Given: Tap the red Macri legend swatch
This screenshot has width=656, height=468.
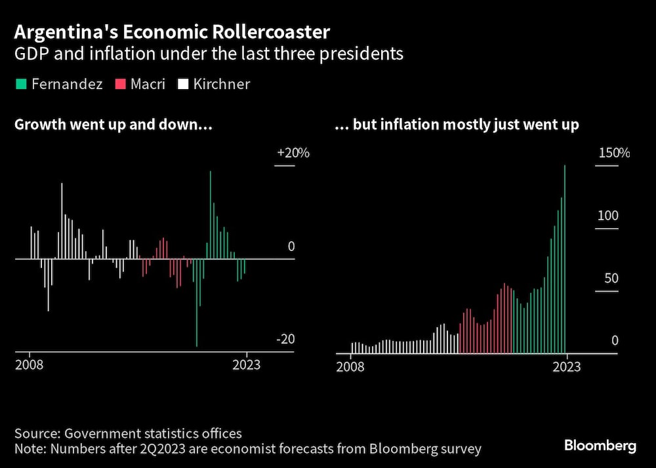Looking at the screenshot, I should pos(120,85).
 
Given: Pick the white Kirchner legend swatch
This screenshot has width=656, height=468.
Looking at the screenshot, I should pos(182,85).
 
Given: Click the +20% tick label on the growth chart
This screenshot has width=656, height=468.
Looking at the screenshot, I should pos(293,153).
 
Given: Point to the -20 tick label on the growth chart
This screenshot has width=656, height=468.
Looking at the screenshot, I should pos(285,340).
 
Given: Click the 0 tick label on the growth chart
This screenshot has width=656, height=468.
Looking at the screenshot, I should pos(291,246).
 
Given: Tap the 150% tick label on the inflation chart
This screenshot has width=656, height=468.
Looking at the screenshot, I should pos(613,153).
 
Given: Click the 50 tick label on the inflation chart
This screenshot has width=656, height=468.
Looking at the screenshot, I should pos(611,278).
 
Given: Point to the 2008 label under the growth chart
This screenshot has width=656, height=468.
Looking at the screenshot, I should pos(29,365).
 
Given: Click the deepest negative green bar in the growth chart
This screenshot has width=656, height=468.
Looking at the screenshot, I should pos(196,302).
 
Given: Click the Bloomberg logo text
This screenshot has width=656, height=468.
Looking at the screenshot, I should pos(600,446).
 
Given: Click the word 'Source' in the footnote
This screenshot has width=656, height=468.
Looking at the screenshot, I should pos(35,433).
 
